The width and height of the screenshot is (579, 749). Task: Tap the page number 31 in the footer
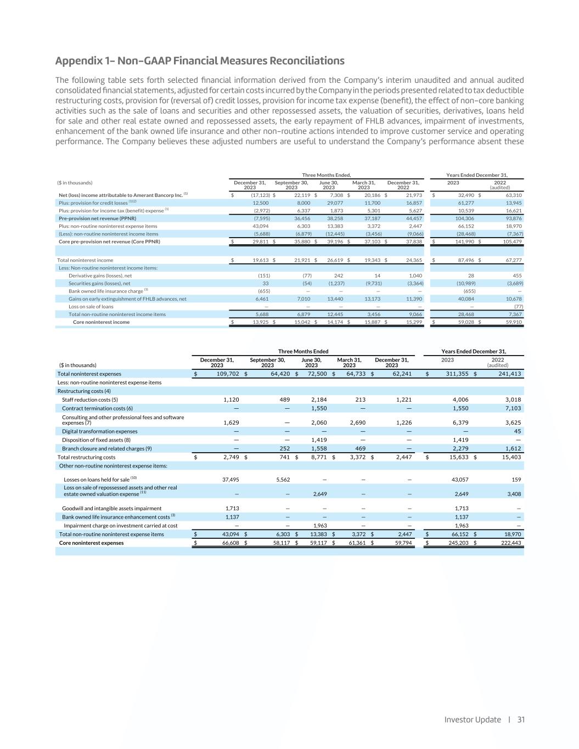521,719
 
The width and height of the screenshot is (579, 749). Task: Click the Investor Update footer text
473,719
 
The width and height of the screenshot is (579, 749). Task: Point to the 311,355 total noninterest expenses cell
454,374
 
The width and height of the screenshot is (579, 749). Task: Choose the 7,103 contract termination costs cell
513,408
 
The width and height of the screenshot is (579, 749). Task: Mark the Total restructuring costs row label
86,457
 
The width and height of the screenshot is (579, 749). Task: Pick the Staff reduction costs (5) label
89,399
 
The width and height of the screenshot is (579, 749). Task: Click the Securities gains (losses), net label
99,283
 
